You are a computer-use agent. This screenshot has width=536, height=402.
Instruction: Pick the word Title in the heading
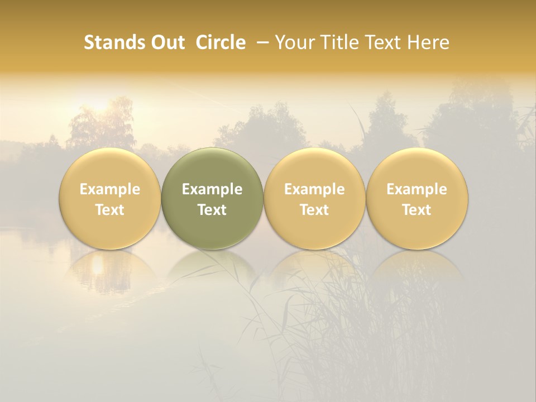(335, 42)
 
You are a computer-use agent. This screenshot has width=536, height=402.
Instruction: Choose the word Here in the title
(428, 42)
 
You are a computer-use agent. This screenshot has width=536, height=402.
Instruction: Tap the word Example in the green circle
(212, 189)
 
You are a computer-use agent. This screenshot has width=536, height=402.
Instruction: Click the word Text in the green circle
(212, 210)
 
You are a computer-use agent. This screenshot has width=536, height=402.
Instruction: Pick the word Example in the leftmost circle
(110, 189)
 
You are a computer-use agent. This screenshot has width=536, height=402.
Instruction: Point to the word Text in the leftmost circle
(110, 210)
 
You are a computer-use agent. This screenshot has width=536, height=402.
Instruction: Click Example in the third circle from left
(314, 189)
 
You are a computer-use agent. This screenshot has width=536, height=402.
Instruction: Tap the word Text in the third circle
(314, 210)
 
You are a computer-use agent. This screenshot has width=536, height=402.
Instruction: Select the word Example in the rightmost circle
(417, 189)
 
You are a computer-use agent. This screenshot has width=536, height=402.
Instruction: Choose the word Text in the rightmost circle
(417, 210)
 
